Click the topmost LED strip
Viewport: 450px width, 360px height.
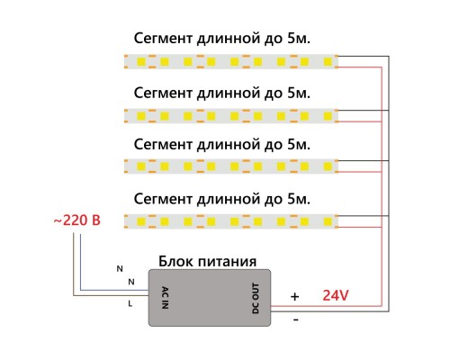coord(229,61)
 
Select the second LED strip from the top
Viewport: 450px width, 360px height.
coord(229,114)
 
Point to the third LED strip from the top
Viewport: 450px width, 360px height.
coord(229,166)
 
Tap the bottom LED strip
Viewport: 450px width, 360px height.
coord(229,220)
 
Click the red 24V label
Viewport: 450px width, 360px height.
coord(335,293)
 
